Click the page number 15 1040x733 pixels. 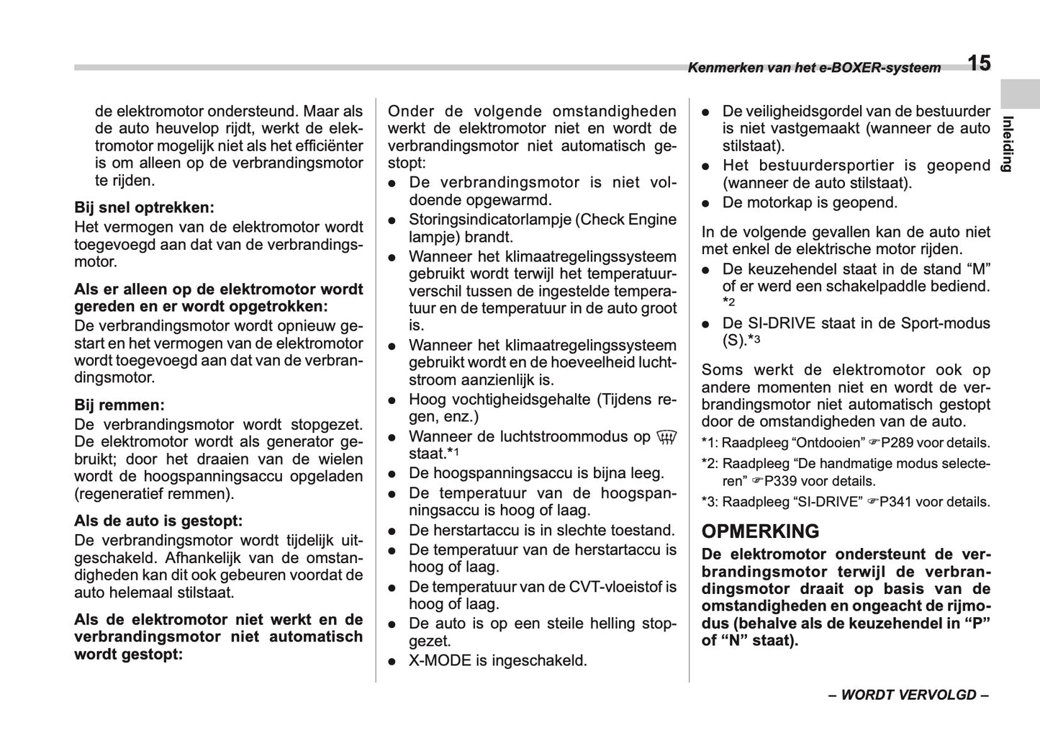[x=978, y=63]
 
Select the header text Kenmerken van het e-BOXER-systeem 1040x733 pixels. [x=813, y=68]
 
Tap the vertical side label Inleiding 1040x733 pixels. [x=1008, y=143]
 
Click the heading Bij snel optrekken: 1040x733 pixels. [x=144, y=208]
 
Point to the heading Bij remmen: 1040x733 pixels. [x=119, y=405]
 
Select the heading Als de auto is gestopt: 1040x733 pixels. [x=158, y=521]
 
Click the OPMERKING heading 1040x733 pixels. [x=760, y=531]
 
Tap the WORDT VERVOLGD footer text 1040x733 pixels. [x=908, y=695]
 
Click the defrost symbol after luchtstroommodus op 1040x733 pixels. [x=666, y=436]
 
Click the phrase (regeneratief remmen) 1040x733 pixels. [x=154, y=494]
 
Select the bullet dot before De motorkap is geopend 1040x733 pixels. [x=707, y=203]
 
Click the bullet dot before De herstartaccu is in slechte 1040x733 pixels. [x=393, y=531]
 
